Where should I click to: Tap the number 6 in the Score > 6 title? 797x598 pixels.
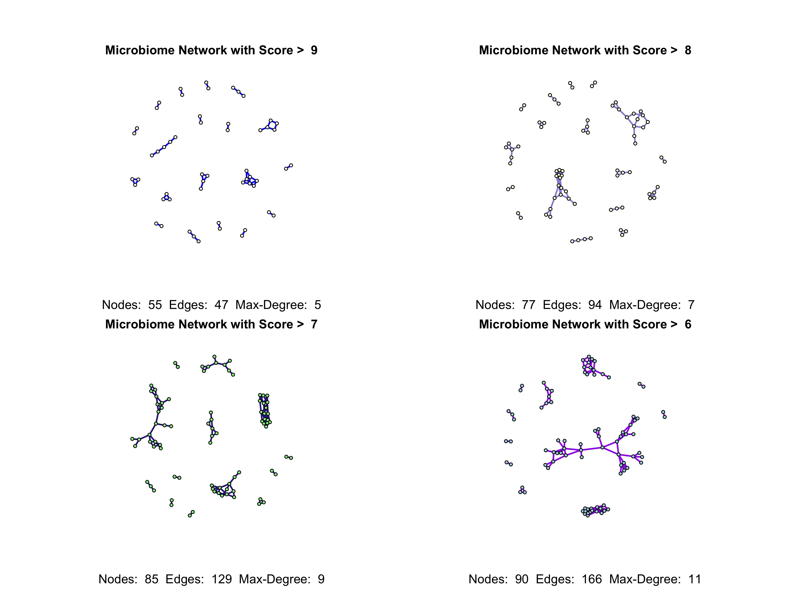[x=688, y=324]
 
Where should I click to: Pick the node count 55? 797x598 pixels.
[x=155, y=305]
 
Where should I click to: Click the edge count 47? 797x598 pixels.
[x=221, y=305]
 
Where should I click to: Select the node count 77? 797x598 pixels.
[x=529, y=305]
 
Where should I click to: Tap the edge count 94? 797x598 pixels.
[x=595, y=305]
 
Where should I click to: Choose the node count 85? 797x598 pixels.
[x=151, y=579]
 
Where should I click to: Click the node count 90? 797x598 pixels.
[x=521, y=579]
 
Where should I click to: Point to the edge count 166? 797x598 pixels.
[x=592, y=579]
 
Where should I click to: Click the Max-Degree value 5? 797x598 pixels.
[x=318, y=305]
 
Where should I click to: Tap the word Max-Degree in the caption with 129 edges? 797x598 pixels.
[x=274, y=579]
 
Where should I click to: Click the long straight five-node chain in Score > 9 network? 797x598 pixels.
[x=164, y=147]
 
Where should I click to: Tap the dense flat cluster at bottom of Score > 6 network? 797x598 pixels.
[x=595, y=510]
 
